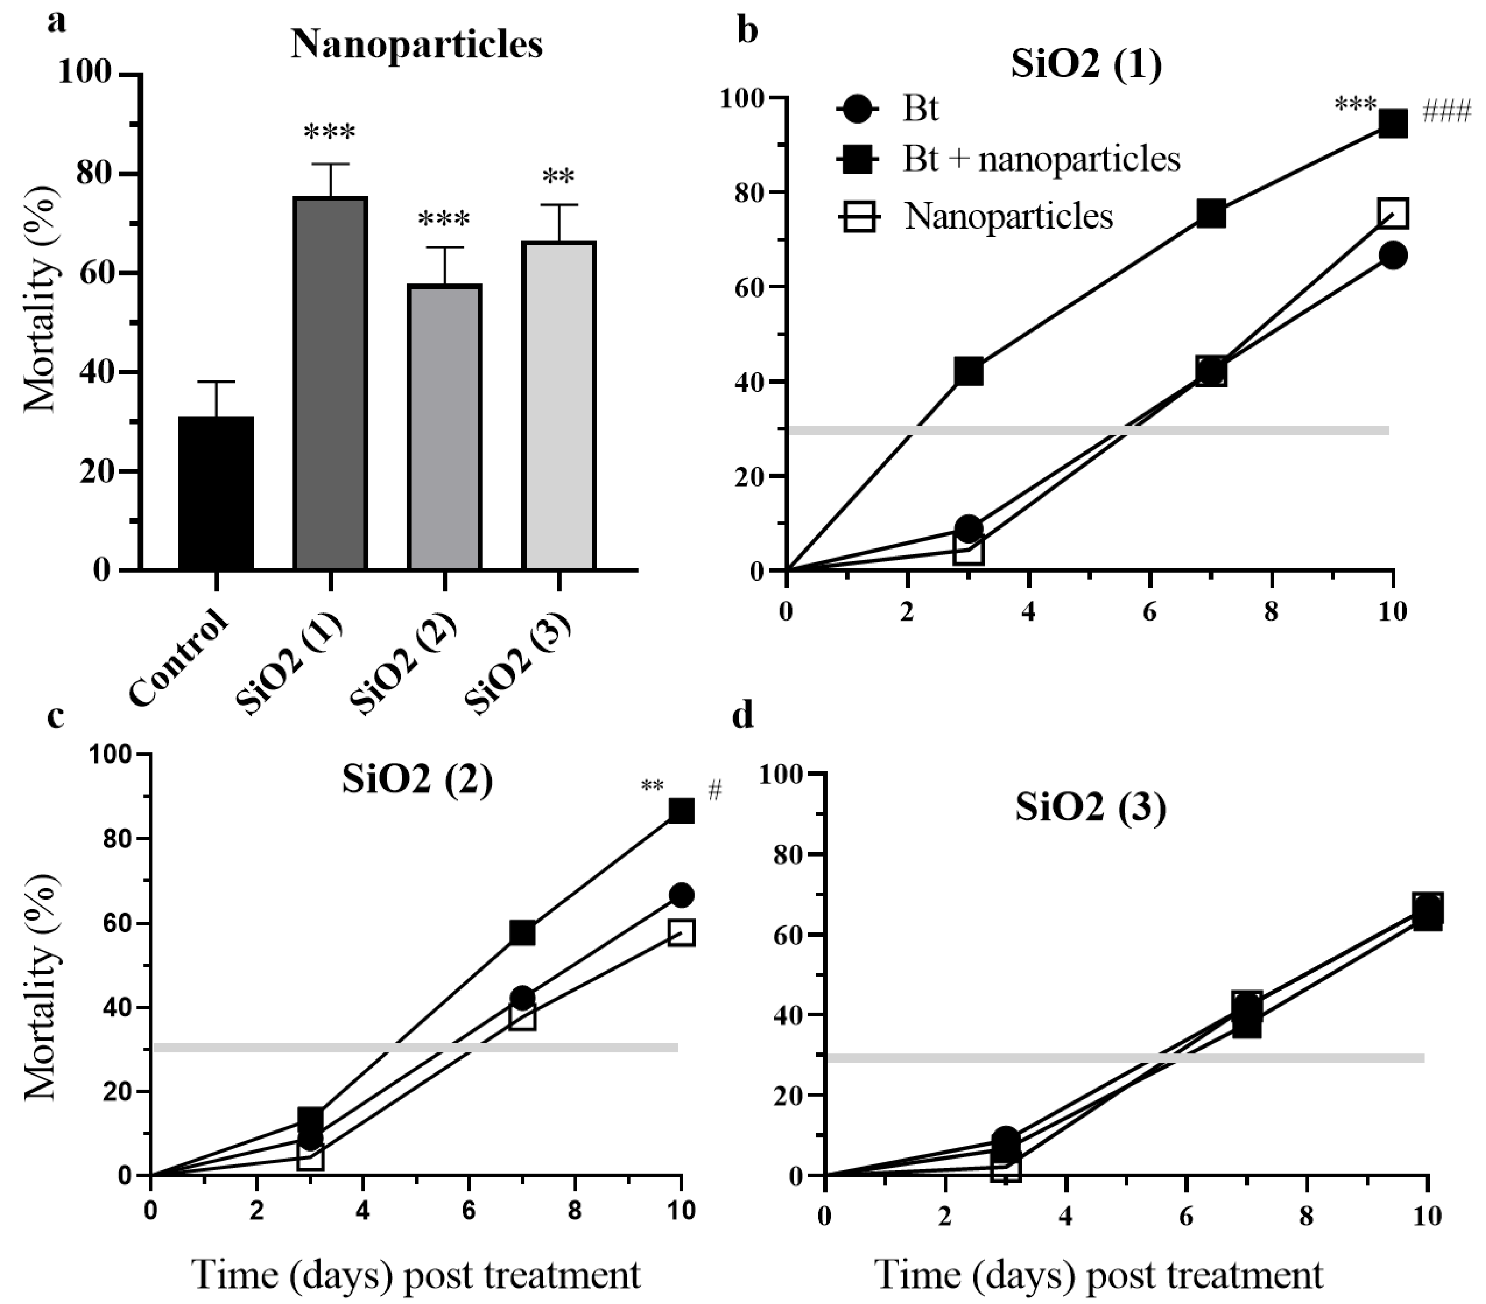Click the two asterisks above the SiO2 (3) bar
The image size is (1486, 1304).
click(558, 177)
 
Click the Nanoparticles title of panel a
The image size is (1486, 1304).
click(417, 45)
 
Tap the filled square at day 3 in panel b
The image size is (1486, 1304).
click(968, 372)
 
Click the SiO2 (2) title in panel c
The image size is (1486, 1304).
click(417, 780)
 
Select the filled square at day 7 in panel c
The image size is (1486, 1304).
click(522, 932)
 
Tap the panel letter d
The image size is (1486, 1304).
click(744, 716)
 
